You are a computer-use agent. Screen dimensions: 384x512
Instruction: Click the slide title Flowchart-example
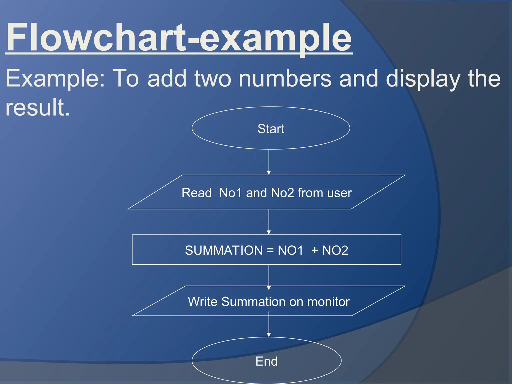click(x=179, y=37)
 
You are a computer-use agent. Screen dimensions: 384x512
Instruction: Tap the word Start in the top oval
click(x=271, y=129)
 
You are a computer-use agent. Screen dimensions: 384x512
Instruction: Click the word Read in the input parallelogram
click(x=196, y=193)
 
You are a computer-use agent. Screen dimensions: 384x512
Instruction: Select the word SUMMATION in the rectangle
click(x=224, y=250)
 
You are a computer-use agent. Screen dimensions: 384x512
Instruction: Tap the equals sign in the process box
click(x=270, y=250)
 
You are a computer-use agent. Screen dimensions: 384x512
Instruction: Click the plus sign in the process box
click(x=315, y=250)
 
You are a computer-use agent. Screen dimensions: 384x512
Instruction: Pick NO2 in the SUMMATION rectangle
click(x=335, y=250)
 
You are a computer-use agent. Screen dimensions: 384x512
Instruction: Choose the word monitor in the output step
click(x=328, y=301)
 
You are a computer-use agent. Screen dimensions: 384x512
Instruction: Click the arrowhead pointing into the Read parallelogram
click(x=269, y=172)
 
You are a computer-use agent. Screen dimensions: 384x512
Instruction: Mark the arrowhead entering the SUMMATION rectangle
click(x=269, y=232)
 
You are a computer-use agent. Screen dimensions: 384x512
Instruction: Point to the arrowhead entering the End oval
click(x=269, y=335)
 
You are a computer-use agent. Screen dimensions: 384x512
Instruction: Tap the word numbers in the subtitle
click(x=285, y=78)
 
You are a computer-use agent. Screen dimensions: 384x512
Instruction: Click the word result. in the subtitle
click(x=37, y=107)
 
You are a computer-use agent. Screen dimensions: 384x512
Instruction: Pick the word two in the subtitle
click(x=213, y=78)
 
